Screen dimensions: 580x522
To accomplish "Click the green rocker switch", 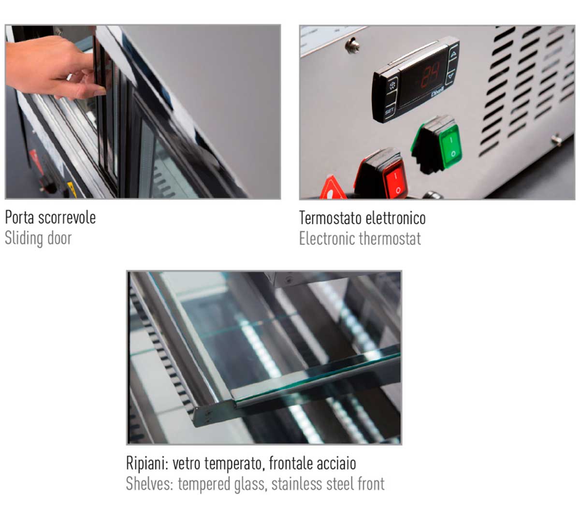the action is pos(436,144).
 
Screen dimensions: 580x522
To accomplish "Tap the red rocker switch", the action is pos(381,174).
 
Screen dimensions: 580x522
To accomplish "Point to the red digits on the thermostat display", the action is pos(431,76).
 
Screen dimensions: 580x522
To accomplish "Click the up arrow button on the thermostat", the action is pos(453,54).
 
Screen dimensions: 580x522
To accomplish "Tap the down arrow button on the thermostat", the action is pos(451,76).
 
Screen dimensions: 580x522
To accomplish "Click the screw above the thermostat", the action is pos(353,45).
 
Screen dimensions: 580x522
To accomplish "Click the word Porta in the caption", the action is pos(20,217).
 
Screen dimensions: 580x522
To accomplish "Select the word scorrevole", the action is pos(67,218).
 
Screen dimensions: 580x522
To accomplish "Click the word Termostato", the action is pos(331,218).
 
